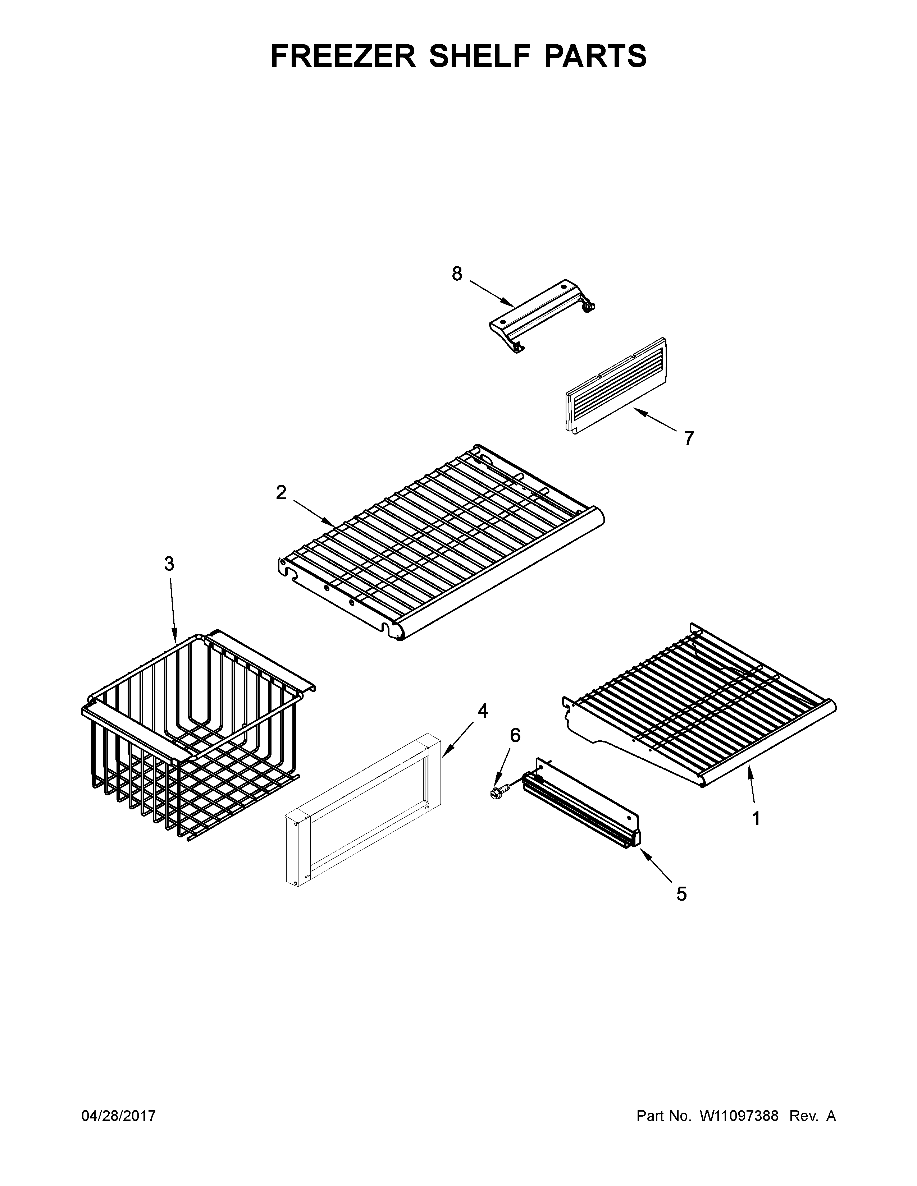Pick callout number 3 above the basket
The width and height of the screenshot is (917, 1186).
coord(169,564)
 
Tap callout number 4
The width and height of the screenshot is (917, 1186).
coord(482,711)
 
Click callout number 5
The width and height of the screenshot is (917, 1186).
coord(681,893)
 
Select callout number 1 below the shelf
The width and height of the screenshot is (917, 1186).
coord(756,833)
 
